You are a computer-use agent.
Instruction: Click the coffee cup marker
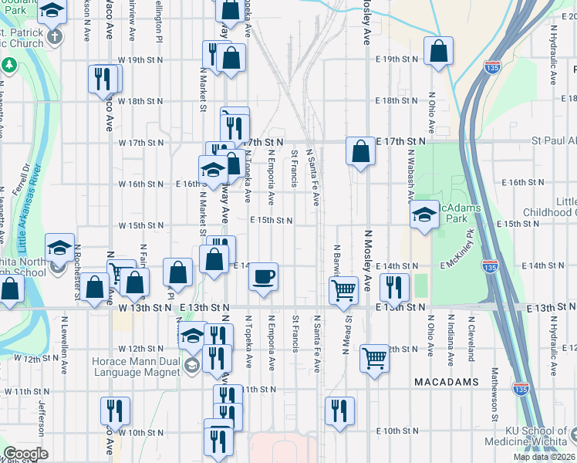click(263, 277)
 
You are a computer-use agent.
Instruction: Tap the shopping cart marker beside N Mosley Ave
click(374, 357)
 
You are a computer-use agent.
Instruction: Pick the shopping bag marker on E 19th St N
click(438, 52)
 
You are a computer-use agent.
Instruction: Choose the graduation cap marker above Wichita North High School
click(59, 248)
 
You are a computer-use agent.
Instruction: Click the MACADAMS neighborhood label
click(447, 382)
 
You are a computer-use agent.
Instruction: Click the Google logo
click(26, 454)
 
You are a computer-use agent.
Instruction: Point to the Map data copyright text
click(544, 457)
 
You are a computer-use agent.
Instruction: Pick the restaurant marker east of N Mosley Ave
click(394, 287)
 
